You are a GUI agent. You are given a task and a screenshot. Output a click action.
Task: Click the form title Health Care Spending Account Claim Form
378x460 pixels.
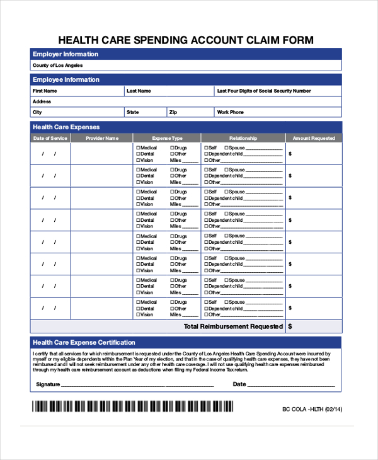point(186,40)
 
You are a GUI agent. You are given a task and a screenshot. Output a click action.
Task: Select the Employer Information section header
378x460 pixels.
point(66,54)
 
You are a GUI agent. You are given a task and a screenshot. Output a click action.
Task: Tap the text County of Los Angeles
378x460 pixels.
point(57,66)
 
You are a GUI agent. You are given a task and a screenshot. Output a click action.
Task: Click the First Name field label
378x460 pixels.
point(45,91)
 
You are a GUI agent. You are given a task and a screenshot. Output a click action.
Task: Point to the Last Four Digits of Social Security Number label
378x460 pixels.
point(263,91)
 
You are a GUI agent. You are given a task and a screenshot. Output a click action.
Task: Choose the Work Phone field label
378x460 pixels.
point(230,112)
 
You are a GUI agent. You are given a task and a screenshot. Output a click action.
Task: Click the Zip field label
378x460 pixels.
point(173,112)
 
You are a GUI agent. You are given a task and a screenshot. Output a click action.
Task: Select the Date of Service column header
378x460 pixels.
point(50,138)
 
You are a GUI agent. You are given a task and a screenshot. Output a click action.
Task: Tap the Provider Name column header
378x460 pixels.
point(102,138)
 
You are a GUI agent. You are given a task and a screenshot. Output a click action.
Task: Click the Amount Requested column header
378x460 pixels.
point(314,138)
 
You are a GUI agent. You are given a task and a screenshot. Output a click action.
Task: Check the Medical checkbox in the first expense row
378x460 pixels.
point(138,148)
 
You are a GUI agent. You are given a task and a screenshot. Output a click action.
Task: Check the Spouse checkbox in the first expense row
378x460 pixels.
point(226,148)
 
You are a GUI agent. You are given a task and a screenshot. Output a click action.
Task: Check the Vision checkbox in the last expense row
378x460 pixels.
point(138,314)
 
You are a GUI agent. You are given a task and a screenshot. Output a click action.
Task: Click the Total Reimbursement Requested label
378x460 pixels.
point(233,326)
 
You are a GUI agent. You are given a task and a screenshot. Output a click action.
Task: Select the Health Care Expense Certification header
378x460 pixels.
point(84,342)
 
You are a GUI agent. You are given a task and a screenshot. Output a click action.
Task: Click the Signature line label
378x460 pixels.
point(48,384)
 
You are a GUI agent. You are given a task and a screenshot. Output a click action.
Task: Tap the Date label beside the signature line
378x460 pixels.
point(239,384)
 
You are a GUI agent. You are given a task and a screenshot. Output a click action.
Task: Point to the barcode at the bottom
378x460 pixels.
point(132,407)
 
